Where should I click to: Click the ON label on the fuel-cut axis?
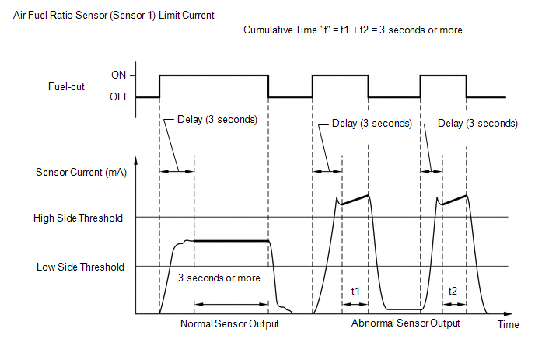(x=118, y=75)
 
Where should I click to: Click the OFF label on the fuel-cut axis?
(x=120, y=96)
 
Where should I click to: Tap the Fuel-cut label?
(x=66, y=86)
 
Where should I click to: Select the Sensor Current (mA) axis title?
(x=81, y=172)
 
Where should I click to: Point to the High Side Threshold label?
(x=78, y=218)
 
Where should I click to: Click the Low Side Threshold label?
(x=80, y=267)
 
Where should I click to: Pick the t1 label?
(x=355, y=291)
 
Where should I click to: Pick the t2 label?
(x=453, y=291)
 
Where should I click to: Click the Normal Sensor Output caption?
(x=229, y=323)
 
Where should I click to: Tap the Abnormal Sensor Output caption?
(x=405, y=323)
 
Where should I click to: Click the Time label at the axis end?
(x=508, y=324)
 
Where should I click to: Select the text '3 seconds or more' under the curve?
(x=219, y=278)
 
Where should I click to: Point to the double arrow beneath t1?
(x=355, y=304)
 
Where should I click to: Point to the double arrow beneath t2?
(x=454, y=304)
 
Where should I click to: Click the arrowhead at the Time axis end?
(x=509, y=313)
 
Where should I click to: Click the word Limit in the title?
(x=170, y=16)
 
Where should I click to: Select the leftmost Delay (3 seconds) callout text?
(x=217, y=120)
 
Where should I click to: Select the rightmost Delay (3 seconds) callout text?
(x=477, y=123)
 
